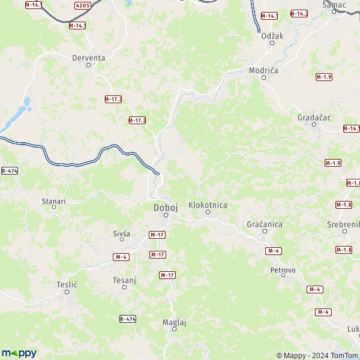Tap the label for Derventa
[x=88, y=58]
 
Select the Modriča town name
[x=264, y=71]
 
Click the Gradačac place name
[x=314, y=118]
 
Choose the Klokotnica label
[x=208, y=205]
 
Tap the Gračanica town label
[x=264, y=224]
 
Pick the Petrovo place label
[x=283, y=271]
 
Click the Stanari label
[x=53, y=201]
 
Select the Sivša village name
[x=122, y=233]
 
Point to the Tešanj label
[x=125, y=280]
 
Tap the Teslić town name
[x=67, y=284]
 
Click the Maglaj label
[x=175, y=322]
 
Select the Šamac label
[x=334, y=5]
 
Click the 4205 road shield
[x=83, y=5]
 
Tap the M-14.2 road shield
[x=299, y=13]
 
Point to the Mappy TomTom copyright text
[x=317, y=355]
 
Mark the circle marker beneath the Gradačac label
[x=314, y=125]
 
